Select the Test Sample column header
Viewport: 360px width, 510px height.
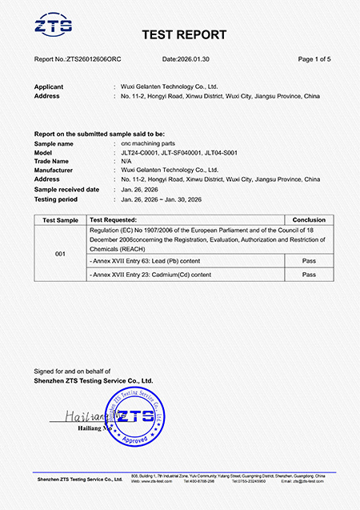(x=61, y=219)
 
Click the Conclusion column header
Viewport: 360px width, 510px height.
(x=309, y=219)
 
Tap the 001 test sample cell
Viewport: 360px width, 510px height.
(x=61, y=253)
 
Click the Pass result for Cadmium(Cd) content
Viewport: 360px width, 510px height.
(x=309, y=275)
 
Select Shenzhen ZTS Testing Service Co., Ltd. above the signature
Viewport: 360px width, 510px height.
(x=94, y=380)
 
